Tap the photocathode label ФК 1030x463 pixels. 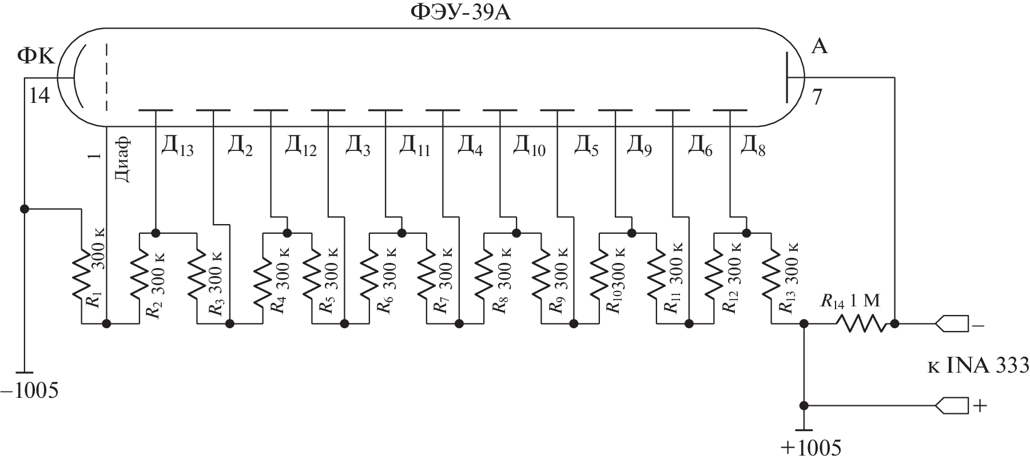pyautogui.click(x=35, y=55)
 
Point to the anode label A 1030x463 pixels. pyautogui.click(x=819, y=47)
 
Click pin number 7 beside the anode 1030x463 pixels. pyautogui.click(x=817, y=98)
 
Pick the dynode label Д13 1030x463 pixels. pyautogui.click(x=177, y=147)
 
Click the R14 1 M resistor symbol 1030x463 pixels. pyautogui.click(x=861, y=324)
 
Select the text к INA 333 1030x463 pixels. pyautogui.click(x=977, y=365)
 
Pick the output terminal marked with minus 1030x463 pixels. pyautogui.click(x=952, y=324)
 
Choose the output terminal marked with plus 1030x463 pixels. pyautogui.click(x=952, y=405)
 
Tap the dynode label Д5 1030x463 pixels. pyautogui.click(x=586, y=147)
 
